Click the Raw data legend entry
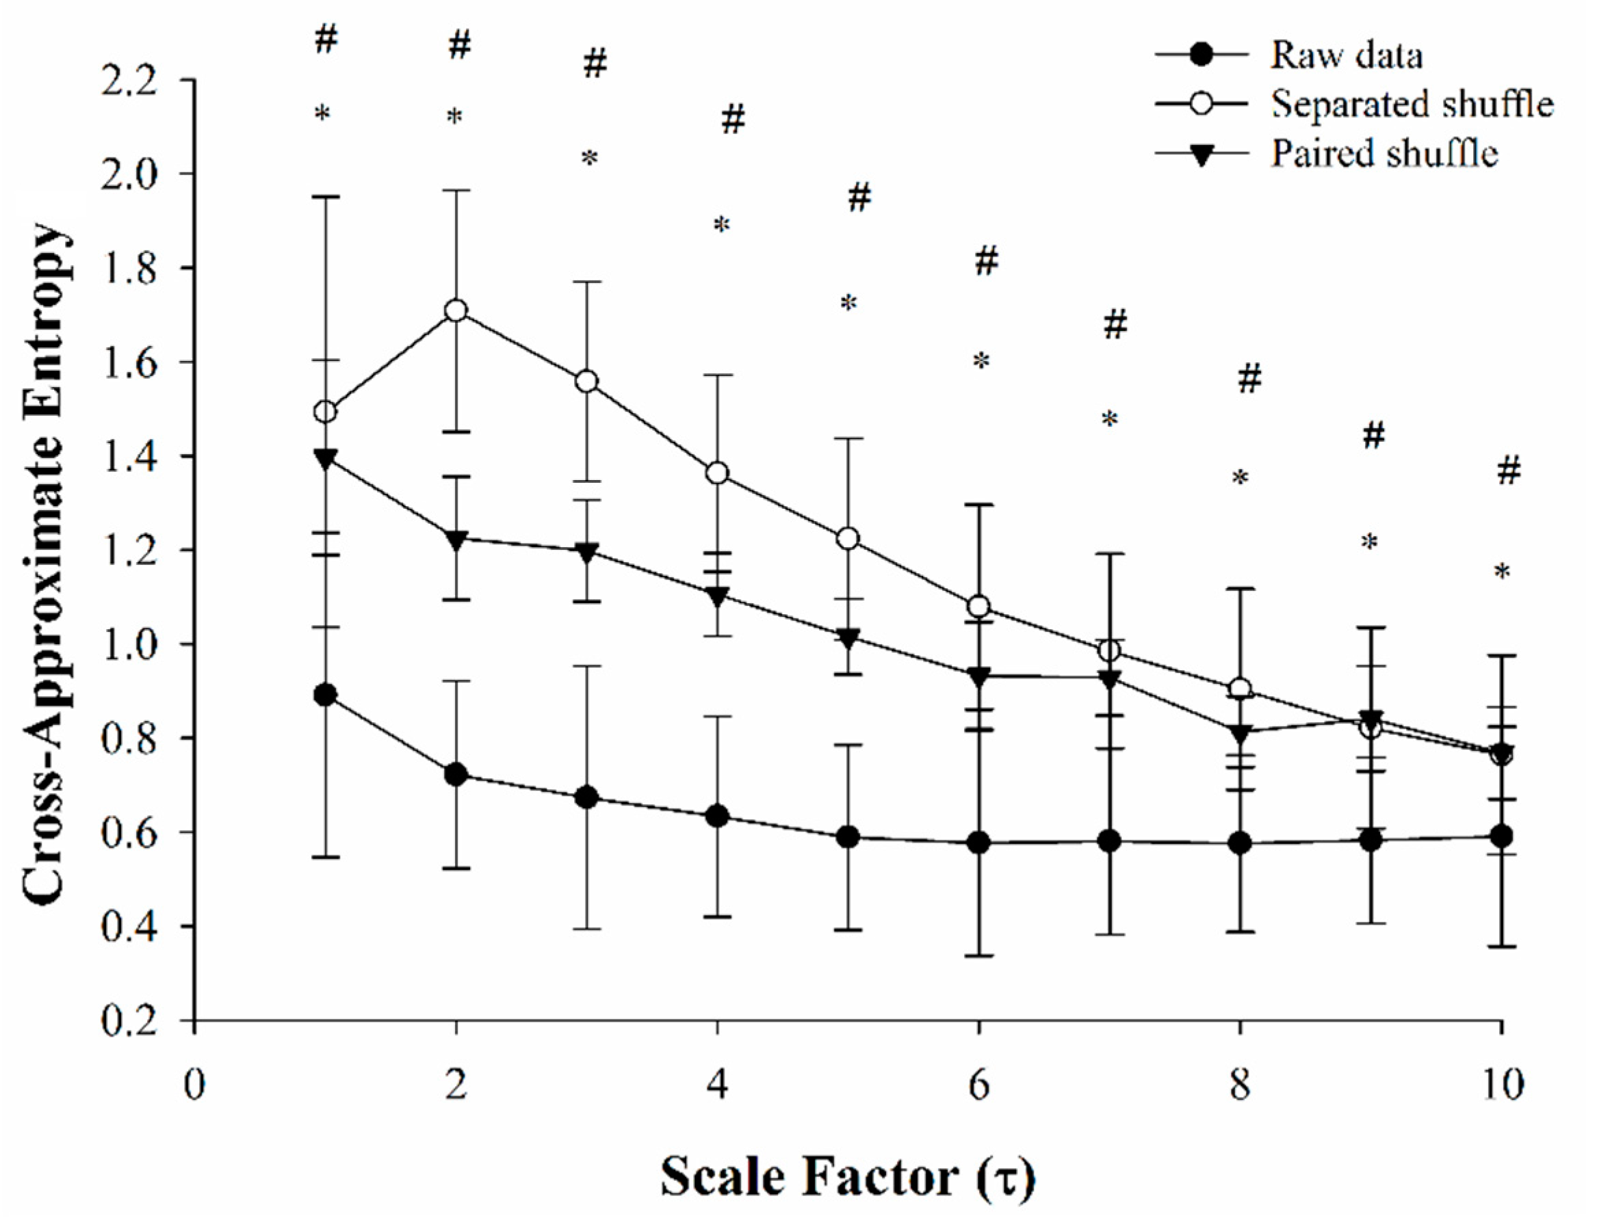(x=1345, y=57)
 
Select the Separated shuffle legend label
(x=1411, y=105)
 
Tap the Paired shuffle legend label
(x=1384, y=154)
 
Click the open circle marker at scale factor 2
(x=456, y=310)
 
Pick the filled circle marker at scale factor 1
(x=326, y=695)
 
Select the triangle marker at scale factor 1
(x=326, y=458)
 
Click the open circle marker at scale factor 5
(x=847, y=539)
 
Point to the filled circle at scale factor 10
(x=1501, y=836)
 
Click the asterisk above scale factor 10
(x=1502, y=573)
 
